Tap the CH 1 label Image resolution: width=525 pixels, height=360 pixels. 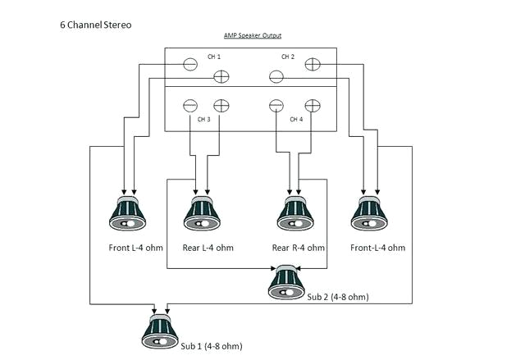click(214, 57)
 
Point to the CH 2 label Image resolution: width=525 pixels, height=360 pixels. click(287, 57)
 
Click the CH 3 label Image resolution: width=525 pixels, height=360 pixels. click(203, 119)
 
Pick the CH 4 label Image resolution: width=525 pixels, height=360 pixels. click(297, 119)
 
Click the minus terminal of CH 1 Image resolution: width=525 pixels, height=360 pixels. click(189, 64)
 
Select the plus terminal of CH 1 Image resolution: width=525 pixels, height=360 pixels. click(221, 77)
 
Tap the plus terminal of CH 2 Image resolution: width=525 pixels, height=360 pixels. click(312, 64)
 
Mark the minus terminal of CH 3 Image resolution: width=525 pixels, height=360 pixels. click(189, 105)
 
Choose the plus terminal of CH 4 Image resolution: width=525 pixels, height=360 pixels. click(312, 105)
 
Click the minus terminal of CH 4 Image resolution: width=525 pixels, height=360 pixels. click(277, 105)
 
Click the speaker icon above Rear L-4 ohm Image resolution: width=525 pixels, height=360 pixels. click(200, 213)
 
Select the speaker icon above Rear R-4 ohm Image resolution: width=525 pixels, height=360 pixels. click(292, 213)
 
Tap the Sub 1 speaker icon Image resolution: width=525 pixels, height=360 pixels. click(162, 328)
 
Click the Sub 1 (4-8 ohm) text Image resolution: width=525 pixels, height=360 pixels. click(212, 346)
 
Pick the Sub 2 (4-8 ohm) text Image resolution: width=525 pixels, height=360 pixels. click(338, 298)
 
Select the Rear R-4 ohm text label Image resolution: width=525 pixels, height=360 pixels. click(298, 247)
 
